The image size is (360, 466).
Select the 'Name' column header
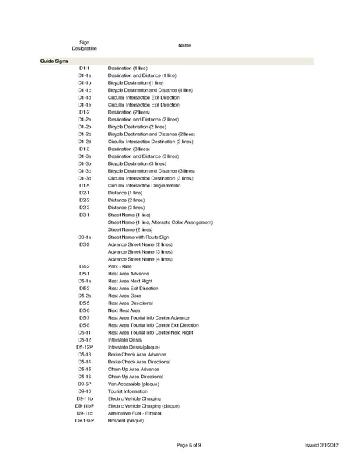[184, 45]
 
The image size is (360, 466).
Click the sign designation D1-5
[85, 186]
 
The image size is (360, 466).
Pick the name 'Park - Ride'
[123, 266]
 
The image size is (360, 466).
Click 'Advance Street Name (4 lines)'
[140, 259]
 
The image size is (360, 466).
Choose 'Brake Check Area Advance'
[138, 354]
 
